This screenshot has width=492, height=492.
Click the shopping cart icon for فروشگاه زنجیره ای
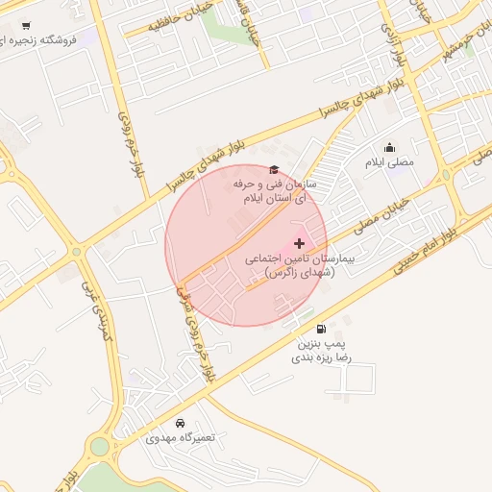point(25,26)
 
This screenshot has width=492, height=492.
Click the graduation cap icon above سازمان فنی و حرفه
point(274,169)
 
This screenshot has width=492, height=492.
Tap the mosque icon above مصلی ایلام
point(389,147)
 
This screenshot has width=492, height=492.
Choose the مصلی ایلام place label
point(389,162)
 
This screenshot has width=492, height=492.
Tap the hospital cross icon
point(299,243)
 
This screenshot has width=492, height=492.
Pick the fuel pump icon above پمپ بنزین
point(321,328)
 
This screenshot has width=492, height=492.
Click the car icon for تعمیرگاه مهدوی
point(181,423)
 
